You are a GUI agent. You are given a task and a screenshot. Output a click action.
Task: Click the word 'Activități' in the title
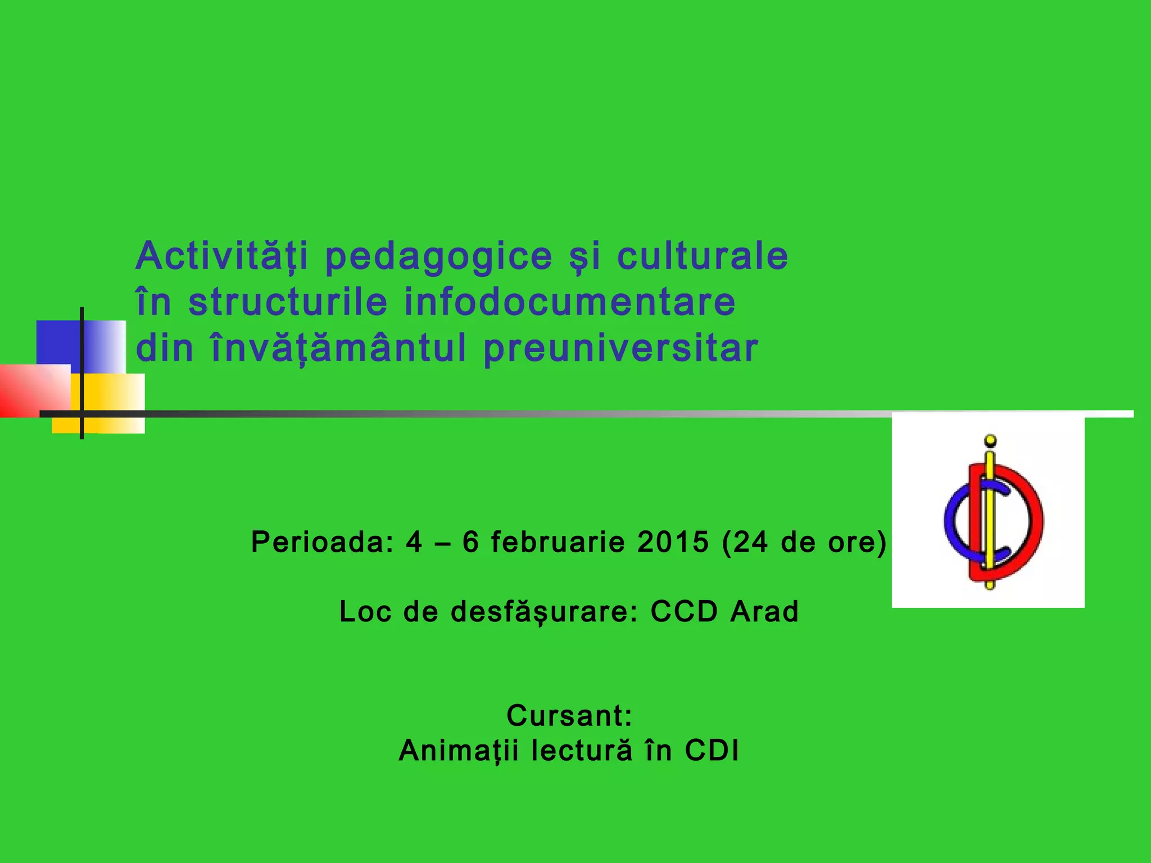pos(221,256)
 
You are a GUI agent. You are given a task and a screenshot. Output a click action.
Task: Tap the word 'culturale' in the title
pos(703,256)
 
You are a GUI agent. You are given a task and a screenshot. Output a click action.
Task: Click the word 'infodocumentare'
pos(570,302)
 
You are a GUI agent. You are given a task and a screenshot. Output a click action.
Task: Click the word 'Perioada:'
pos(323,542)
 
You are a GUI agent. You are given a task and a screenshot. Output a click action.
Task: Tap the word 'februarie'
pos(558,542)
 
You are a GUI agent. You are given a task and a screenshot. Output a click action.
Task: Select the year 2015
pos(673,542)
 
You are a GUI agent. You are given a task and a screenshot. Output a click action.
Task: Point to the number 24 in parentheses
pos(750,542)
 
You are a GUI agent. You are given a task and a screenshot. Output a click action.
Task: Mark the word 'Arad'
pos(764,612)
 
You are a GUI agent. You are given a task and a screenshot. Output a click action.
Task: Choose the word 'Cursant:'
pos(569,716)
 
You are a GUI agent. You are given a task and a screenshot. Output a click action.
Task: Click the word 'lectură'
pos(582,751)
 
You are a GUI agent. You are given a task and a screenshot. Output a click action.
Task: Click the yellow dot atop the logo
pos(991,440)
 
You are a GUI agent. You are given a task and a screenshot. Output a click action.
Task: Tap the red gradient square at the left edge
pos(34,391)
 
